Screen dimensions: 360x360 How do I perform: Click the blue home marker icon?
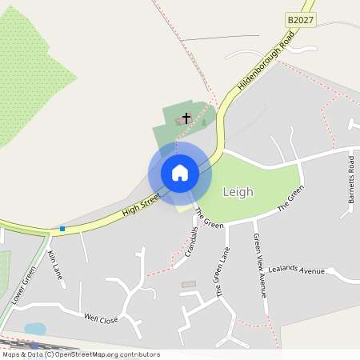click(180, 173)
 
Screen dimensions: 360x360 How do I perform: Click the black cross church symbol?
click(186, 118)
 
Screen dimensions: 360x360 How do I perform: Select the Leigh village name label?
click(238, 192)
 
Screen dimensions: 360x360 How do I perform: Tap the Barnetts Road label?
click(351, 177)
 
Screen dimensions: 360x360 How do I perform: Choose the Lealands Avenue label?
click(296, 270)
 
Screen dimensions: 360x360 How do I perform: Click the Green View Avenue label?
click(259, 265)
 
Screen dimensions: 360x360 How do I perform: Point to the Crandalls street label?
click(191, 242)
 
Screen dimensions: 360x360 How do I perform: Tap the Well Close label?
click(101, 318)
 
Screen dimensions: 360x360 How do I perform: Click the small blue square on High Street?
click(62, 229)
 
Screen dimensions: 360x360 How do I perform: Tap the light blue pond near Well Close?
click(35, 329)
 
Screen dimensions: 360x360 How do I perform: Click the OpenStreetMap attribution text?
click(81, 354)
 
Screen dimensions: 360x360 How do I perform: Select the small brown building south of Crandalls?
click(189, 284)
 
